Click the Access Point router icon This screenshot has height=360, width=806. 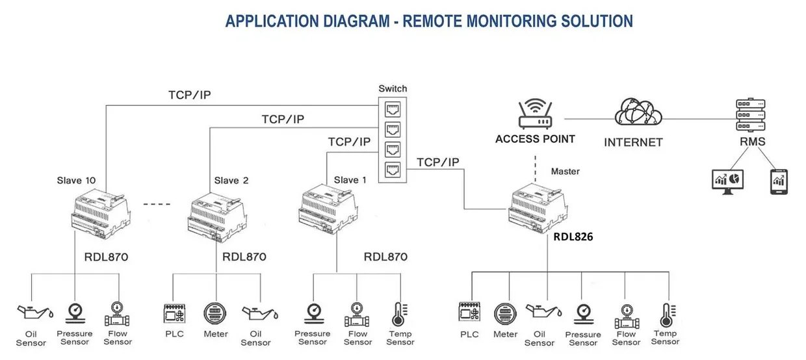(535, 115)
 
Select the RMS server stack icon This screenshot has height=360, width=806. (751, 115)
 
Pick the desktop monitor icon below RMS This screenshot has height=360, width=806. (727, 181)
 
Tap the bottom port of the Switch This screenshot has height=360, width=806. (393, 170)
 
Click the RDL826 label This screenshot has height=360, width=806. (573, 238)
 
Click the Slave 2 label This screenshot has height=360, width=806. (231, 180)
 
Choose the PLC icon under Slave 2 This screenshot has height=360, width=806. (174, 315)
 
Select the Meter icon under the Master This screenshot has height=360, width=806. (505, 315)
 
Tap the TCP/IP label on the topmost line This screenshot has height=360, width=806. (189, 95)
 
